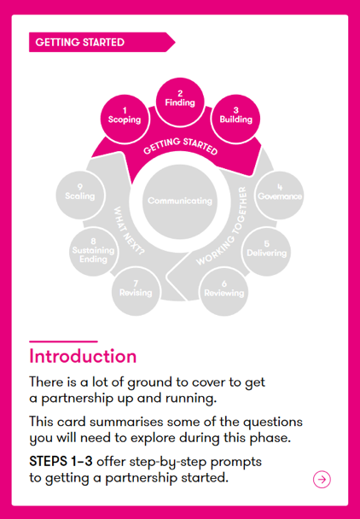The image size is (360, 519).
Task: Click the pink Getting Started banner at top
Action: coord(102,42)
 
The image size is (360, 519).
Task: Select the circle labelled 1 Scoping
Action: coord(125,120)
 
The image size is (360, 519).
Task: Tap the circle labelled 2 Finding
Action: coord(180,102)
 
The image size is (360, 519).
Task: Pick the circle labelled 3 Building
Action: coord(235,119)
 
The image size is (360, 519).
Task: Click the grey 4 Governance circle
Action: coord(280,195)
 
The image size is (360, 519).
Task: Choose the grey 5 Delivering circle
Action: coord(267,252)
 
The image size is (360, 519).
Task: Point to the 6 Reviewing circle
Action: coord(224,292)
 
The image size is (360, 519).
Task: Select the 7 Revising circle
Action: coord(136,292)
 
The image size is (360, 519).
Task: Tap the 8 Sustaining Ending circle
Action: coord(93,252)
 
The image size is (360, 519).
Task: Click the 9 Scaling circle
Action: coord(80,195)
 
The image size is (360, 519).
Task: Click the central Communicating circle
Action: coord(180,201)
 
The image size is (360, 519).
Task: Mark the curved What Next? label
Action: coord(130,230)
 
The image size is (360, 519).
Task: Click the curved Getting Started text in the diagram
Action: coord(180,146)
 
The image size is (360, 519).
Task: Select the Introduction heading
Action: coord(83,357)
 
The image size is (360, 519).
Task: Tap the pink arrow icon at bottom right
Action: coord(322,479)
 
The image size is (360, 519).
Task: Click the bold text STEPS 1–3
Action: coord(61,462)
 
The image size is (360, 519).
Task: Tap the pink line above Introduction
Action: coord(63,341)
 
